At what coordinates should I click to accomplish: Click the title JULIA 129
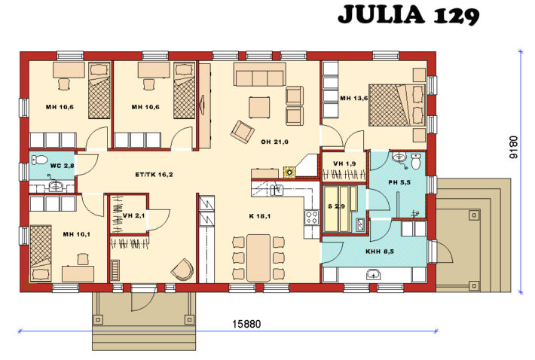click(408, 15)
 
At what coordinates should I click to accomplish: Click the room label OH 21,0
click(276, 142)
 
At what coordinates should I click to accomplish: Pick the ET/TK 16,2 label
click(154, 175)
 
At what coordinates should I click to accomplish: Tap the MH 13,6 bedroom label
click(353, 99)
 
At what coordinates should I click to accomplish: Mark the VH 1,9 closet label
click(344, 164)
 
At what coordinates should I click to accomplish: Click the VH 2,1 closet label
click(133, 216)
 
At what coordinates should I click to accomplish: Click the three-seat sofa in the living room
click(259, 75)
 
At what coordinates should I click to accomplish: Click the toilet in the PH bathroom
click(416, 161)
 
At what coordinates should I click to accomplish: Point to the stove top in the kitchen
click(310, 218)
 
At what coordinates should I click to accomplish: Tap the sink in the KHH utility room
click(374, 275)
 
